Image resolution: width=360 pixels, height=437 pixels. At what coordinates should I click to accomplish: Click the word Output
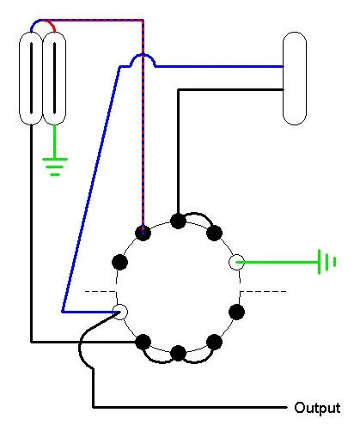tap(317, 408)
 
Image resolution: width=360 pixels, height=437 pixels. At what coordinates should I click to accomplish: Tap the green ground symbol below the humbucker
tap(55, 167)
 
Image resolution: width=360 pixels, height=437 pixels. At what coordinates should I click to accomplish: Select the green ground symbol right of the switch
tap(326, 262)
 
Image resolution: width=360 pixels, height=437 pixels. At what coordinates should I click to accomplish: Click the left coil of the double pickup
tap(31, 78)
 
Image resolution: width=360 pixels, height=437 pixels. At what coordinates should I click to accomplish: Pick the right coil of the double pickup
tap(54, 78)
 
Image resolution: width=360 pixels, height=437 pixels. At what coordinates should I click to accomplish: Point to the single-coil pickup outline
tap(295, 78)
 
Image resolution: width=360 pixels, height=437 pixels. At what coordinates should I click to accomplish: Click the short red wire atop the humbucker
tap(50, 23)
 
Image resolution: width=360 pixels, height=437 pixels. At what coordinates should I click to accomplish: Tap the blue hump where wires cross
tap(143, 56)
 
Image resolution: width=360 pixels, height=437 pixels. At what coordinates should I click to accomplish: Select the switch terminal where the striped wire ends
tap(143, 233)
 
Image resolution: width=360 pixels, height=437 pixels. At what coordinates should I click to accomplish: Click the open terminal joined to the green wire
tap(237, 262)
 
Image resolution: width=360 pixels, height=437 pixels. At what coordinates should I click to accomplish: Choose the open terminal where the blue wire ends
tap(119, 312)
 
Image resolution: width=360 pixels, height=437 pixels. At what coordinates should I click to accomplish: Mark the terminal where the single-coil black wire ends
tap(178, 221)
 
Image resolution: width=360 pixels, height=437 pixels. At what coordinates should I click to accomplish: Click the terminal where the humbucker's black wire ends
tap(143, 342)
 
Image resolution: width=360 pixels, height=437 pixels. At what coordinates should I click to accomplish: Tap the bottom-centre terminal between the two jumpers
tap(178, 353)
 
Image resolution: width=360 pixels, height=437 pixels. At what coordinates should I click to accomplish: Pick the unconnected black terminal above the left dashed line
tap(119, 262)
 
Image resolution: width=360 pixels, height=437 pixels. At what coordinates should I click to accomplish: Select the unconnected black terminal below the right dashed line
tap(237, 312)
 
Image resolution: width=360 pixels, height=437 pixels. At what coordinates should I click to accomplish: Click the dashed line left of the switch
tap(101, 292)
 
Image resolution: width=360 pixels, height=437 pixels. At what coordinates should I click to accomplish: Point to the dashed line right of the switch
tap(263, 292)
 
